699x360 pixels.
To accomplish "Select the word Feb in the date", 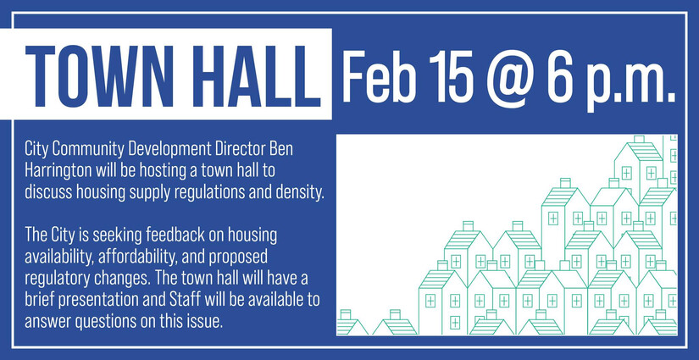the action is (379, 75).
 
